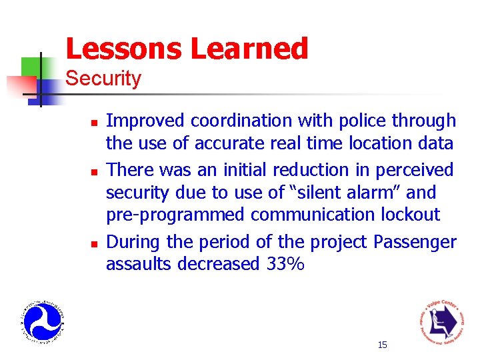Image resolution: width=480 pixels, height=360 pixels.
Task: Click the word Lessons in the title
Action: click(124, 49)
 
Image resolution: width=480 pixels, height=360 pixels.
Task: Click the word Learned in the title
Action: click(249, 49)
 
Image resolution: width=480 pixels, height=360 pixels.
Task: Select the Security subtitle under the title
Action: click(103, 79)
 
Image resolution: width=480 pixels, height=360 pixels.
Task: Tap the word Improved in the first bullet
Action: click(145, 121)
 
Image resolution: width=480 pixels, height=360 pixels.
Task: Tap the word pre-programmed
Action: click(175, 215)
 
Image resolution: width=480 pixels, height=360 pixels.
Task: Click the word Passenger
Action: click(414, 242)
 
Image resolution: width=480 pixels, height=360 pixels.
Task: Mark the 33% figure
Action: click(285, 265)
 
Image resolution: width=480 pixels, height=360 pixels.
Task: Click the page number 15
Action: click(382, 345)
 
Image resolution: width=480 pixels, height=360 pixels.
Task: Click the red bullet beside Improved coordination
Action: click(95, 123)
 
